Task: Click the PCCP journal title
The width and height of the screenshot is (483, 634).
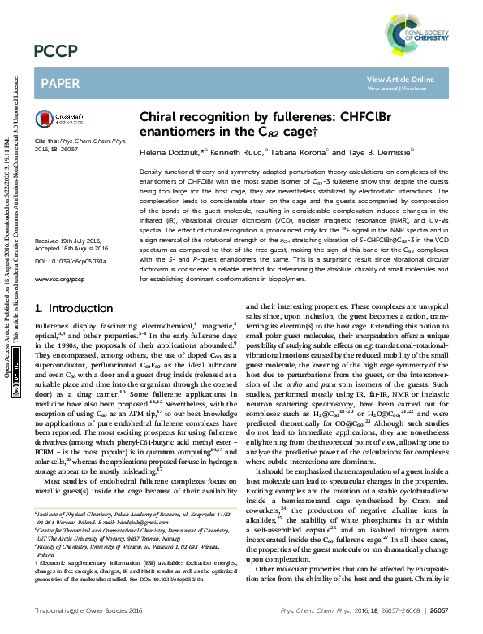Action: (56, 52)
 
